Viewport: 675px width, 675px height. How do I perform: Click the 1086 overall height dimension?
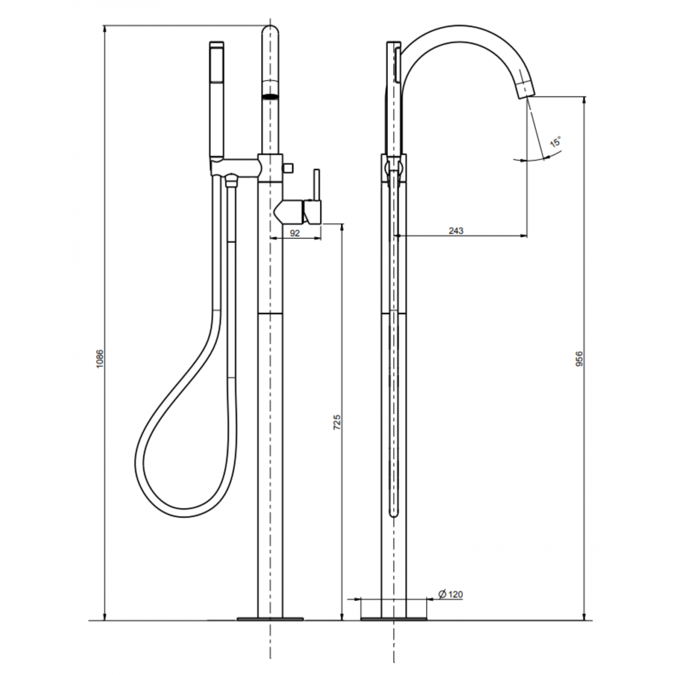(x=101, y=359)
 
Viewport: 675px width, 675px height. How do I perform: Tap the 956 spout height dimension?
(x=579, y=359)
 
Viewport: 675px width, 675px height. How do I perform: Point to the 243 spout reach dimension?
(x=456, y=231)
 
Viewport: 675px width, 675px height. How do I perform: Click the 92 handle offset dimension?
(x=294, y=233)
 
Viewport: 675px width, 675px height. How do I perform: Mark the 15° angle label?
(x=556, y=142)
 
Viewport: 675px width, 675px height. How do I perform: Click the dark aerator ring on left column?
(x=271, y=96)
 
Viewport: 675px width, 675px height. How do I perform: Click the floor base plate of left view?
(x=270, y=618)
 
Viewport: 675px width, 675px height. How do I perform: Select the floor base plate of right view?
(x=394, y=618)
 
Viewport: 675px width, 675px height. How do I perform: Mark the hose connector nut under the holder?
(x=231, y=181)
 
